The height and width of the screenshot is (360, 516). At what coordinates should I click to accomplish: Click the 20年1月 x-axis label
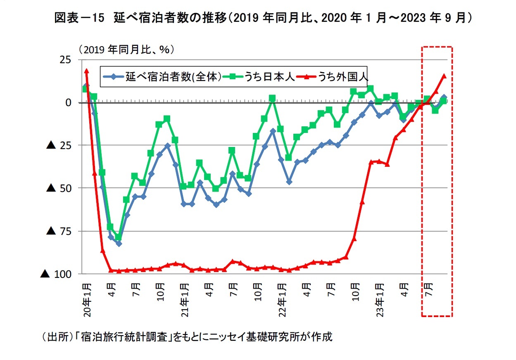coord(87,300)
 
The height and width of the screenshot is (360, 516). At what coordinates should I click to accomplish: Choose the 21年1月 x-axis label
coord(185,300)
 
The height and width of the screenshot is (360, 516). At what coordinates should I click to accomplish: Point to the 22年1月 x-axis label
coord(283,300)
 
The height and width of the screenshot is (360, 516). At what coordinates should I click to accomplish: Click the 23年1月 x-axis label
coord(380,300)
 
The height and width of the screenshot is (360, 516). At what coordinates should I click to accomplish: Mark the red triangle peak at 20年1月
coord(86,71)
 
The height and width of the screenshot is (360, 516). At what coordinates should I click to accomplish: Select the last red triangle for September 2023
coord(444,76)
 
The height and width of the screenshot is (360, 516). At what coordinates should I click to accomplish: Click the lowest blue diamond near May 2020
coord(119,244)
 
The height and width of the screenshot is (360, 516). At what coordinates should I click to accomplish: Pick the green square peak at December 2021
coord(272,98)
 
